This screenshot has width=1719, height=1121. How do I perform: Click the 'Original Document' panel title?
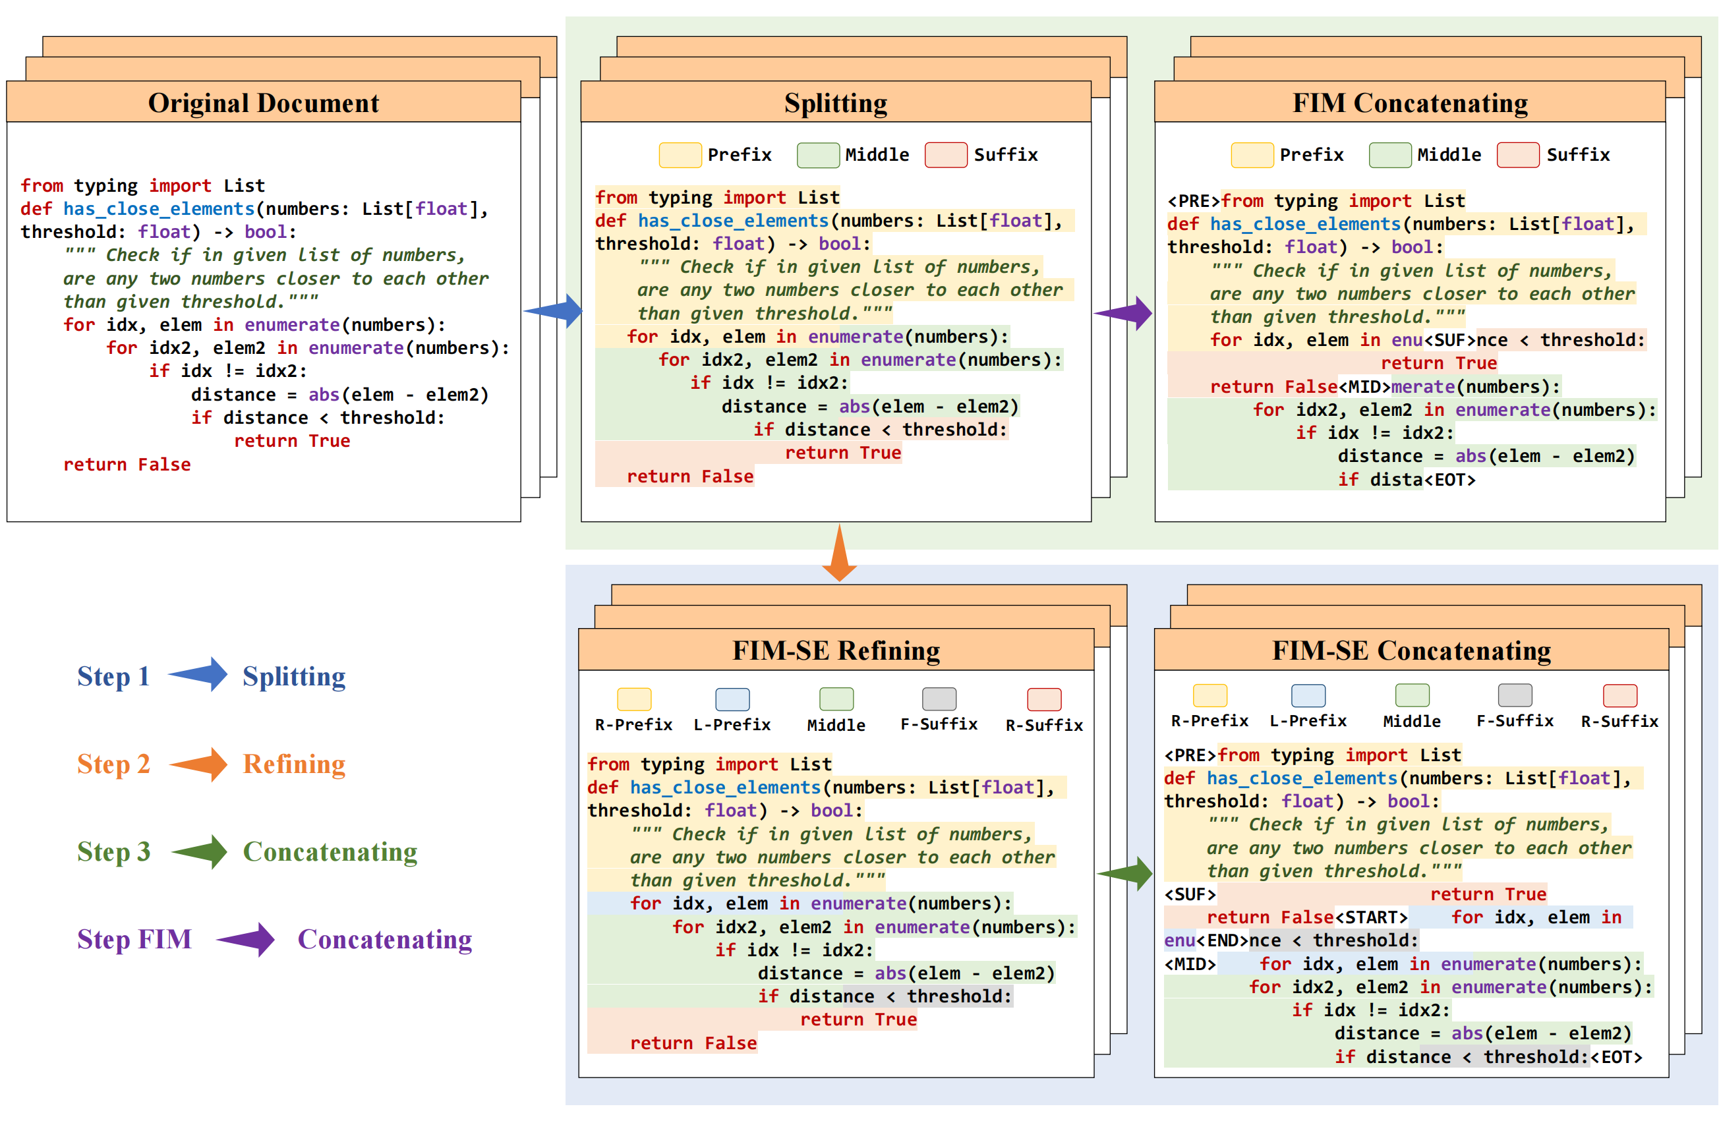tap(263, 103)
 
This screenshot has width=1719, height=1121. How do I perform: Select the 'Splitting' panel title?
tap(836, 103)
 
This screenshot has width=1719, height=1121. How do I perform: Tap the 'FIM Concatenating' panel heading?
tap(1410, 103)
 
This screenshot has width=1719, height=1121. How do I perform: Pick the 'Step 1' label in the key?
tap(113, 676)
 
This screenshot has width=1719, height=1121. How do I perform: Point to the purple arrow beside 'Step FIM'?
tap(246, 940)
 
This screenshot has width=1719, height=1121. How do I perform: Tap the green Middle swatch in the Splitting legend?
tap(817, 156)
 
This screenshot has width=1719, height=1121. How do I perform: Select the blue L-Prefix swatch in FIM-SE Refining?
tap(732, 699)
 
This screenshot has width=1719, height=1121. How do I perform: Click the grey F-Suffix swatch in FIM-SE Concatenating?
tap(1515, 695)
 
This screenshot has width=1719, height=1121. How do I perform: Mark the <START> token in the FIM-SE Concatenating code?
tap(1371, 917)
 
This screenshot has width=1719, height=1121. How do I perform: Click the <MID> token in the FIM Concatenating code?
tap(1364, 387)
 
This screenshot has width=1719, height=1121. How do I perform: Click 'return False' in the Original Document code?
tap(127, 465)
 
